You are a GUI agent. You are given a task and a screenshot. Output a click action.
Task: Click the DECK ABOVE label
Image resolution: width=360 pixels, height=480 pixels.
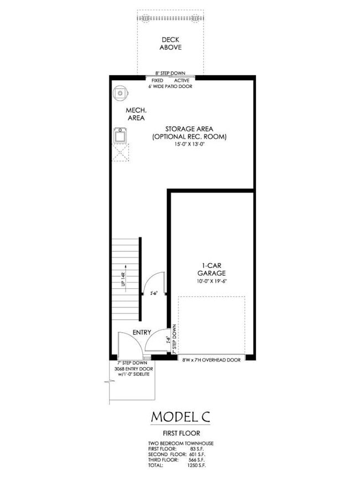pos(171,43)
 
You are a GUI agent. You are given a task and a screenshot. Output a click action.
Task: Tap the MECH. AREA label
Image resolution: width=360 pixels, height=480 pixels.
pos(136,114)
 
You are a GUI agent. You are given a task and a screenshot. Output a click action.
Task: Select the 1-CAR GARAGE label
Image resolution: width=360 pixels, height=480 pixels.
pos(211,270)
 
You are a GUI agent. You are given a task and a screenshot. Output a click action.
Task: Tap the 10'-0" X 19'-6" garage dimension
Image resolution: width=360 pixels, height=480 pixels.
pos(211,281)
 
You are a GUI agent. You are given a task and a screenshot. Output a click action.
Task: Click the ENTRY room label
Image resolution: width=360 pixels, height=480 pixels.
pos(141,332)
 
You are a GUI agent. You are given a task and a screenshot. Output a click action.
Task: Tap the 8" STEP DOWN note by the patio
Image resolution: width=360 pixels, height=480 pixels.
pos(170,74)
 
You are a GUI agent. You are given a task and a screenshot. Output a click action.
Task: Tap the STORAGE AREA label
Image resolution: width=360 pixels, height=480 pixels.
pos(189,128)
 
